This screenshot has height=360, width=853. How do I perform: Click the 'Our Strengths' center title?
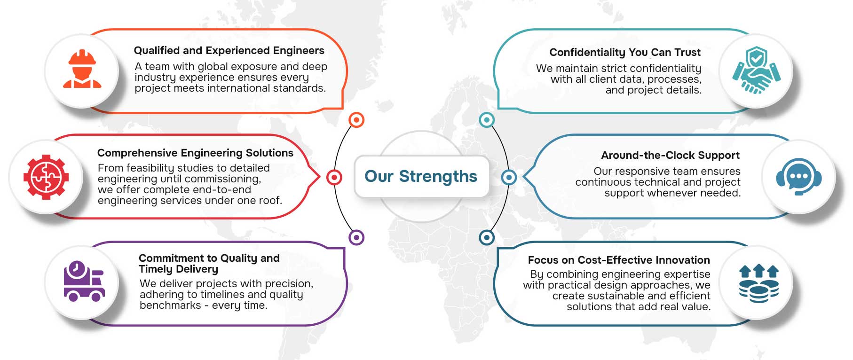tap(421, 176)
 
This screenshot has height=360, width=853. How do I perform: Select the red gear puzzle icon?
tap(46, 177)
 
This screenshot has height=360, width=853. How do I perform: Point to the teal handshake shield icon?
tap(756, 70)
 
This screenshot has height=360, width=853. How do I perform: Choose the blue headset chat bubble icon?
tap(798, 177)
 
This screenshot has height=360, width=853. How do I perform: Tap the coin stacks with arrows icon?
tap(759, 284)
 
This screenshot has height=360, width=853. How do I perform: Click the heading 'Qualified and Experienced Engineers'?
tap(229, 50)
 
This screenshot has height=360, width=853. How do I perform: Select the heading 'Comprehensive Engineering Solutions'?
tap(195, 153)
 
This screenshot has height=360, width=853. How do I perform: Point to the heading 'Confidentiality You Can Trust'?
tap(625, 52)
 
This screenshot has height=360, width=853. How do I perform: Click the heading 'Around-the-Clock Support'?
tap(670, 155)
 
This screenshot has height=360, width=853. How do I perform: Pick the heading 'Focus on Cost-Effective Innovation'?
tap(619, 260)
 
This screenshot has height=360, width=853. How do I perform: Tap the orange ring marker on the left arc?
tap(356, 120)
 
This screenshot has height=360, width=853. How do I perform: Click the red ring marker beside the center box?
tap(334, 177)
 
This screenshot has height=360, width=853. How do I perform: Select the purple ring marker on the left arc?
tap(356, 237)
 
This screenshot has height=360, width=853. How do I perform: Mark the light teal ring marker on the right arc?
tap(487, 120)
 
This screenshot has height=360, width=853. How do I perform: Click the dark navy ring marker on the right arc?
tap(487, 237)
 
